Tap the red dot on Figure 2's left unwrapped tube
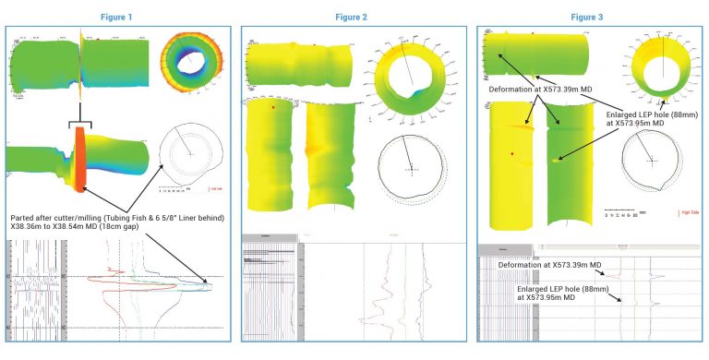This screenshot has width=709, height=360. pos(273,108)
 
